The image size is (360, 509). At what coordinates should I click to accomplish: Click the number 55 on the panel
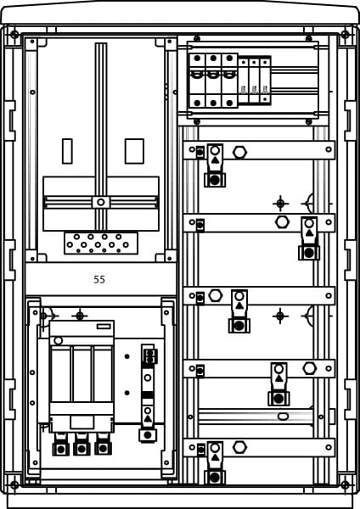point(99,279)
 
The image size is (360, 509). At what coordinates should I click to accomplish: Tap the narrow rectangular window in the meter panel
point(67,151)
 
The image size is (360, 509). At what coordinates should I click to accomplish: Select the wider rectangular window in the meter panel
point(134,151)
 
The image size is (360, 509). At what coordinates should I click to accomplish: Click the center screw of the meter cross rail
point(101,202)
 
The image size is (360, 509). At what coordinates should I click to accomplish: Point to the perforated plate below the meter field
point(101,243)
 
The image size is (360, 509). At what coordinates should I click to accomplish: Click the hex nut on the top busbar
point(239,152)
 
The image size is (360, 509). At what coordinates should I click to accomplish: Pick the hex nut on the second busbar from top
point(282,222)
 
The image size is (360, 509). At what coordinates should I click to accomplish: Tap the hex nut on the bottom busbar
point(239,447)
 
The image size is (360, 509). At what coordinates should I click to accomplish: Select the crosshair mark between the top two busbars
point(281,204)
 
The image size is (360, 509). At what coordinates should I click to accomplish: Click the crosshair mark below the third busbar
point(280,316)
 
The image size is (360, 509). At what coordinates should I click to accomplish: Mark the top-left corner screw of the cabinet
point(14,35)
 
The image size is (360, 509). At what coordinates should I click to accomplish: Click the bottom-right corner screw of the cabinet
point(345,485)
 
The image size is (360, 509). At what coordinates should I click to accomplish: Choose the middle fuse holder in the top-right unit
point(213,81)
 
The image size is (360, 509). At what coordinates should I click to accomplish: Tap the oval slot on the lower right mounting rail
point(283,417)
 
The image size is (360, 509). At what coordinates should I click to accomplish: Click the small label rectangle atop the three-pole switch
point(104,327)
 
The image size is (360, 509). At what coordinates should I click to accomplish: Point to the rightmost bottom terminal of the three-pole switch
point(103,446)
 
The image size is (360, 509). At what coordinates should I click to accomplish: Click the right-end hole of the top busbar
point(329,149)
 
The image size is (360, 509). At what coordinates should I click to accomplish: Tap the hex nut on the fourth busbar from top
point(309,368)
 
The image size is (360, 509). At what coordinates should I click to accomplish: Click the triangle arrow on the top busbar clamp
point(215,159)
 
